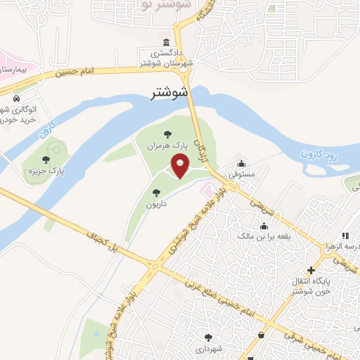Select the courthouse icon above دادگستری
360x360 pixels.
165,41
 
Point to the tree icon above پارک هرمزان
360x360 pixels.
167,134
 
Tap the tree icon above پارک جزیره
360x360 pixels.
46,160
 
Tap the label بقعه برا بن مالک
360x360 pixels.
264,238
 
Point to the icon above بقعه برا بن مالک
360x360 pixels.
264,226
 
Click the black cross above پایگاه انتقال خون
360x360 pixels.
311,270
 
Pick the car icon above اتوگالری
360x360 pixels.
15,99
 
